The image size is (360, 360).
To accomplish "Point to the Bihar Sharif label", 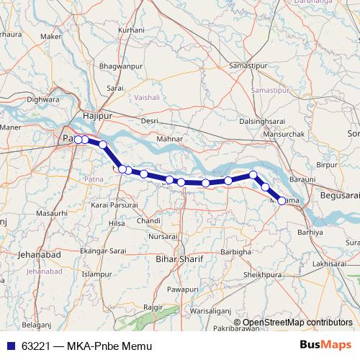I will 180,258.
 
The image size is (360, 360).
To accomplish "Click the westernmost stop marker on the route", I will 78,139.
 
